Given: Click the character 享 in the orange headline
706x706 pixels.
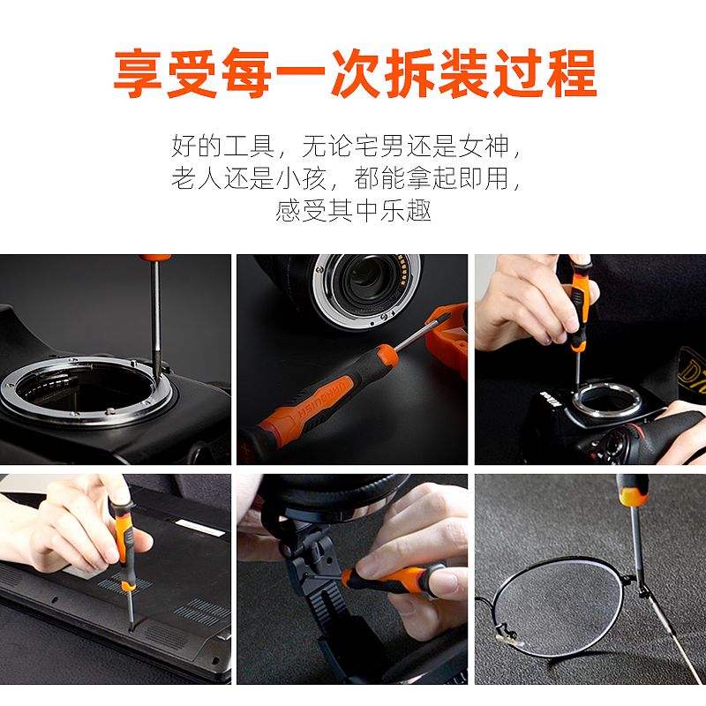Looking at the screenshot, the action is point(139,73).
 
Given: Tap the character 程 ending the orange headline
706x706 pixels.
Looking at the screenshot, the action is point(571,73).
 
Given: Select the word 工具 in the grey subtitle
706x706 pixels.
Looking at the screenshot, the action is point(249,146).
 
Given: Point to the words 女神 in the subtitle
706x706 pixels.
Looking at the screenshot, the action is point(484,146).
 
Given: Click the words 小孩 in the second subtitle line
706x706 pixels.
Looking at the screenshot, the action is point(301,178).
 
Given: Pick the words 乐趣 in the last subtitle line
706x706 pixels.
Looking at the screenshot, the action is point(405,210).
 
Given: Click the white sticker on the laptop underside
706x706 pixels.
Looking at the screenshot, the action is point(200,528).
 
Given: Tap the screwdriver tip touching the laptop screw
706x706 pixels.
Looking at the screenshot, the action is point(131,626).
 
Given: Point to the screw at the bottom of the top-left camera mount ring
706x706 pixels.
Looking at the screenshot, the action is point(109,410).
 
